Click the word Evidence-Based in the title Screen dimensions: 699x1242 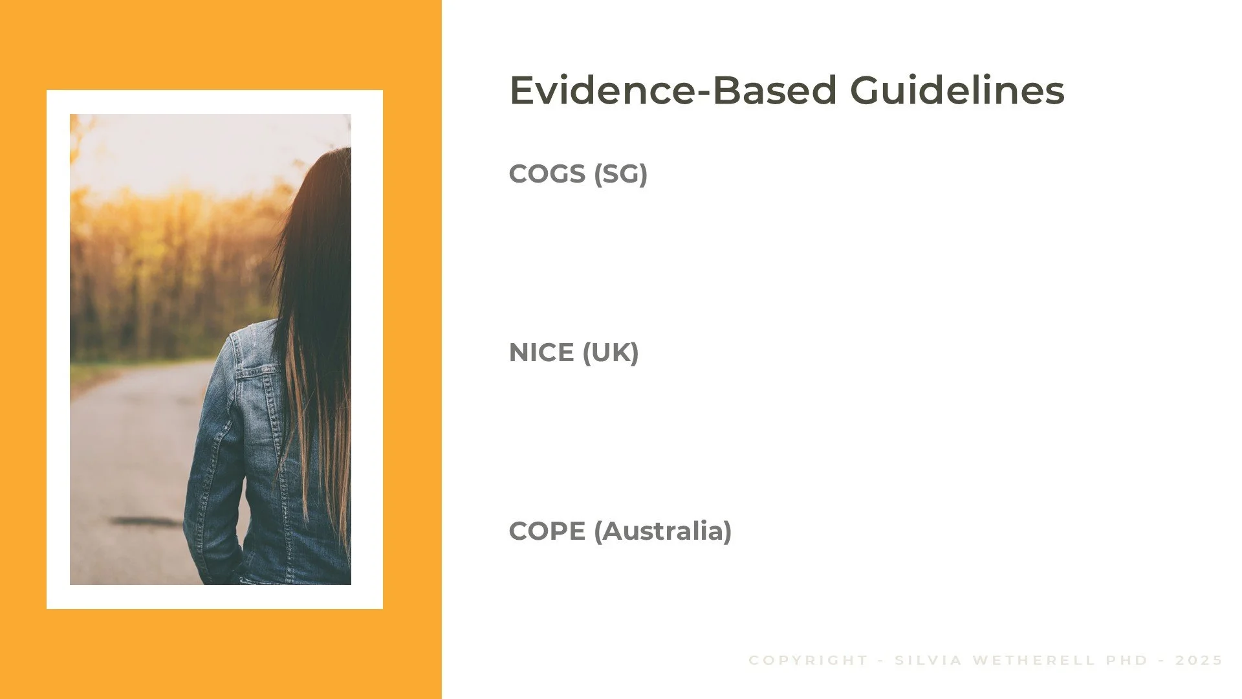673,90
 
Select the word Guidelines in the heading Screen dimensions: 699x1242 957,90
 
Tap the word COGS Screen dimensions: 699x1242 547,173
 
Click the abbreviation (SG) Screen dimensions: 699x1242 620,173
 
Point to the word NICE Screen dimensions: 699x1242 541,353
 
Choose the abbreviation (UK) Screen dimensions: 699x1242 610,353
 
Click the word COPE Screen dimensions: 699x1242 547,531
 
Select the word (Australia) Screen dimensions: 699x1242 662,531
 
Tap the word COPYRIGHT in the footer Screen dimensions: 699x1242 808,660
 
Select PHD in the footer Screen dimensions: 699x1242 1126,660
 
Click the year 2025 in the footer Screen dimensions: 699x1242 1199,660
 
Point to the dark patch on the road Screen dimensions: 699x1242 146,520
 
